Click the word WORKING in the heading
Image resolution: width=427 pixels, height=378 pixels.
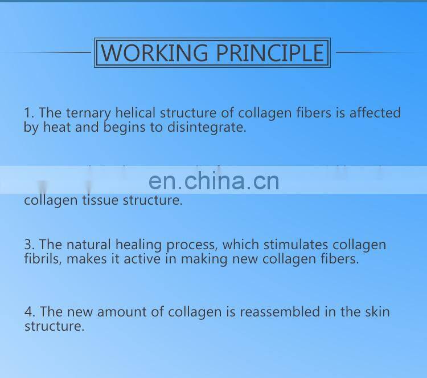click(x=155, y=53)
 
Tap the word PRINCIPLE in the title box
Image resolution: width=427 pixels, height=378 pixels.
click(x=269, y=53)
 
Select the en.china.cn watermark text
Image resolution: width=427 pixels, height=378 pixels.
click(x=213, y=181)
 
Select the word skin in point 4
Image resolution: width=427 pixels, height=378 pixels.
click(x=377, y=312)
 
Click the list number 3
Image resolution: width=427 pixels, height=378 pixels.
click(x=28, y=245)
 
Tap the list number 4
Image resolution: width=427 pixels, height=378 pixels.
click(x=28, y=312)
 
